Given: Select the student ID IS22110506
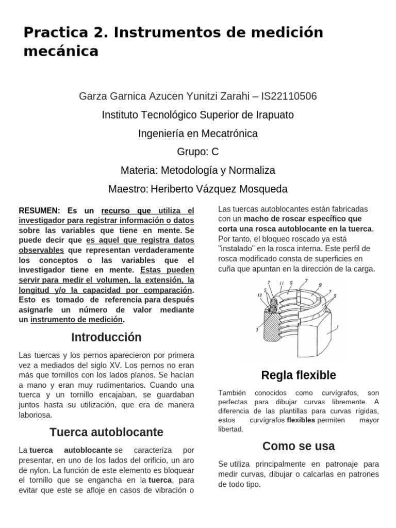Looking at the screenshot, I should click(289, 96).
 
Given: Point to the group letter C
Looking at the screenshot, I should click(215, 152).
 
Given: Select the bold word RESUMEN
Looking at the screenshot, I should click(39, 211).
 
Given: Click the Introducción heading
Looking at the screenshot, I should click(106, 338).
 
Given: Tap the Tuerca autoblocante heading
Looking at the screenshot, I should click(106, 432).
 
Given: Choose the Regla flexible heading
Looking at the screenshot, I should click(299, 375).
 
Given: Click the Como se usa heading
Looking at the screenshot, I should click(299, 446).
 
